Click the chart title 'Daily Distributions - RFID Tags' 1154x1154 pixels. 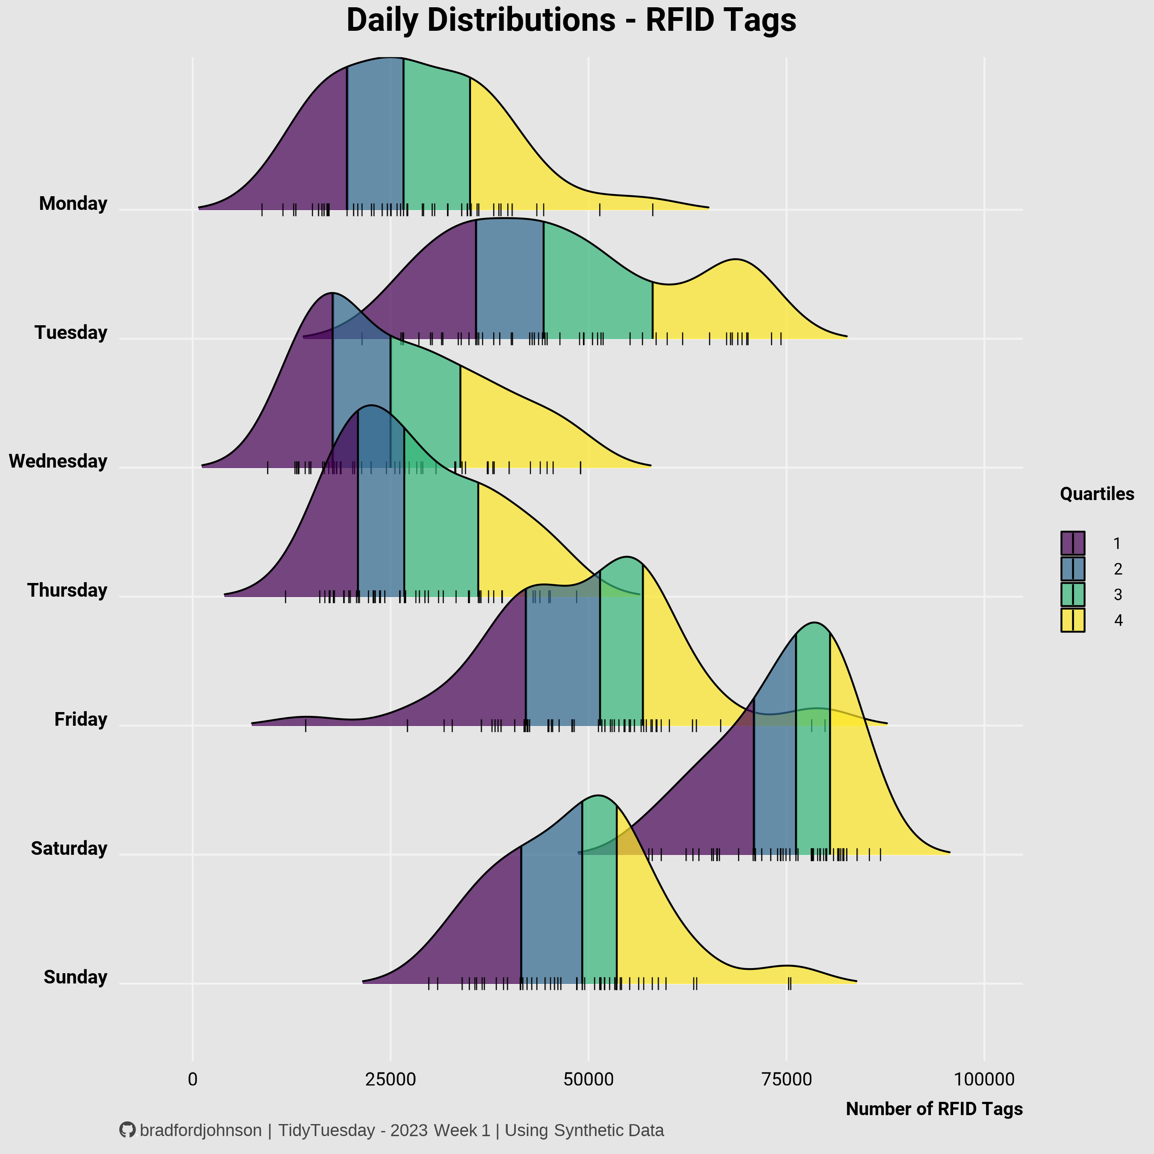571,21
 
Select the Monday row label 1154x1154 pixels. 73,204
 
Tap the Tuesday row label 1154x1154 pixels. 71,333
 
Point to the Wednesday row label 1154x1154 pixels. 58,461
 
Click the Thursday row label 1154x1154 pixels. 67,590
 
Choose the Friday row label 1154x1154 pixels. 81,719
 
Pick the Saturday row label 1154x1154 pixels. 69,848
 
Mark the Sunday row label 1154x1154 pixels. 75,977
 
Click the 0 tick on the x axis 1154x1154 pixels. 192,1079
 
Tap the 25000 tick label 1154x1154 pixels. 390,1079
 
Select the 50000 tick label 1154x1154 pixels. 589,1079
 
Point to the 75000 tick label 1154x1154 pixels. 786,1079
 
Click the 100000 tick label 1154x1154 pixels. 984,1079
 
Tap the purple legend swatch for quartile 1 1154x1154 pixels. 1073,543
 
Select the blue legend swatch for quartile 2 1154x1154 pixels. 1073,568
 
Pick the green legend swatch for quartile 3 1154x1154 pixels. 1073,595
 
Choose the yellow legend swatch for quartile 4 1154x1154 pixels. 1073,620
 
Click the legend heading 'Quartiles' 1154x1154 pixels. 1097,494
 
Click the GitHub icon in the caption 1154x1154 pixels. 127,1130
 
